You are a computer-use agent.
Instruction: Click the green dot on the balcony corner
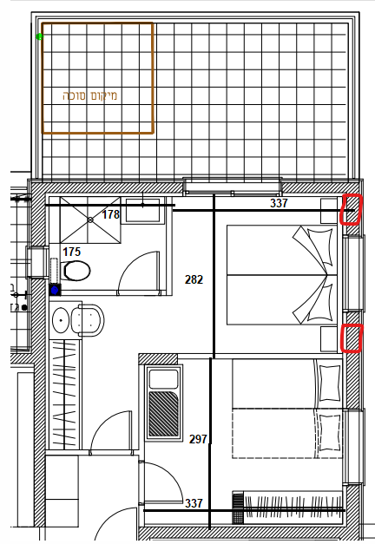[40, 36]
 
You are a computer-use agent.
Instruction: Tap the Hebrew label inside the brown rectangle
[90, 95]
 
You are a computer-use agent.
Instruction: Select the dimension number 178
[111, 214]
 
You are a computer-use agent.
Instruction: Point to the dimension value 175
[71, 252]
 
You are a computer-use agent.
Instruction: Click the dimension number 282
[194, 279]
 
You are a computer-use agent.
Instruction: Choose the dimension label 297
[198, 439]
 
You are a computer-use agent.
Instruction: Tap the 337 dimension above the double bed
[279, 203]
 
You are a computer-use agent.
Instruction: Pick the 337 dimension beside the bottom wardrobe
[194, 503]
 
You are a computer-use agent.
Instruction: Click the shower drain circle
[90, 220]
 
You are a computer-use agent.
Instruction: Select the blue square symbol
[55, 290]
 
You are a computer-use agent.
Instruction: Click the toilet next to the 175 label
[76, 271]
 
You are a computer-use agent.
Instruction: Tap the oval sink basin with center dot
[61, 320]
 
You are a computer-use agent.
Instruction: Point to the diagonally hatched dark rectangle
[163, 414]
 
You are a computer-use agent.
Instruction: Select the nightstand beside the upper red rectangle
[329, 211]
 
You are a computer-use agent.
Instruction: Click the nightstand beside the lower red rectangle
[329, 338]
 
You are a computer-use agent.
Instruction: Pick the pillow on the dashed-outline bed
[328, 433]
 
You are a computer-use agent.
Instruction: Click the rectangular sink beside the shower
[142, 210]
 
